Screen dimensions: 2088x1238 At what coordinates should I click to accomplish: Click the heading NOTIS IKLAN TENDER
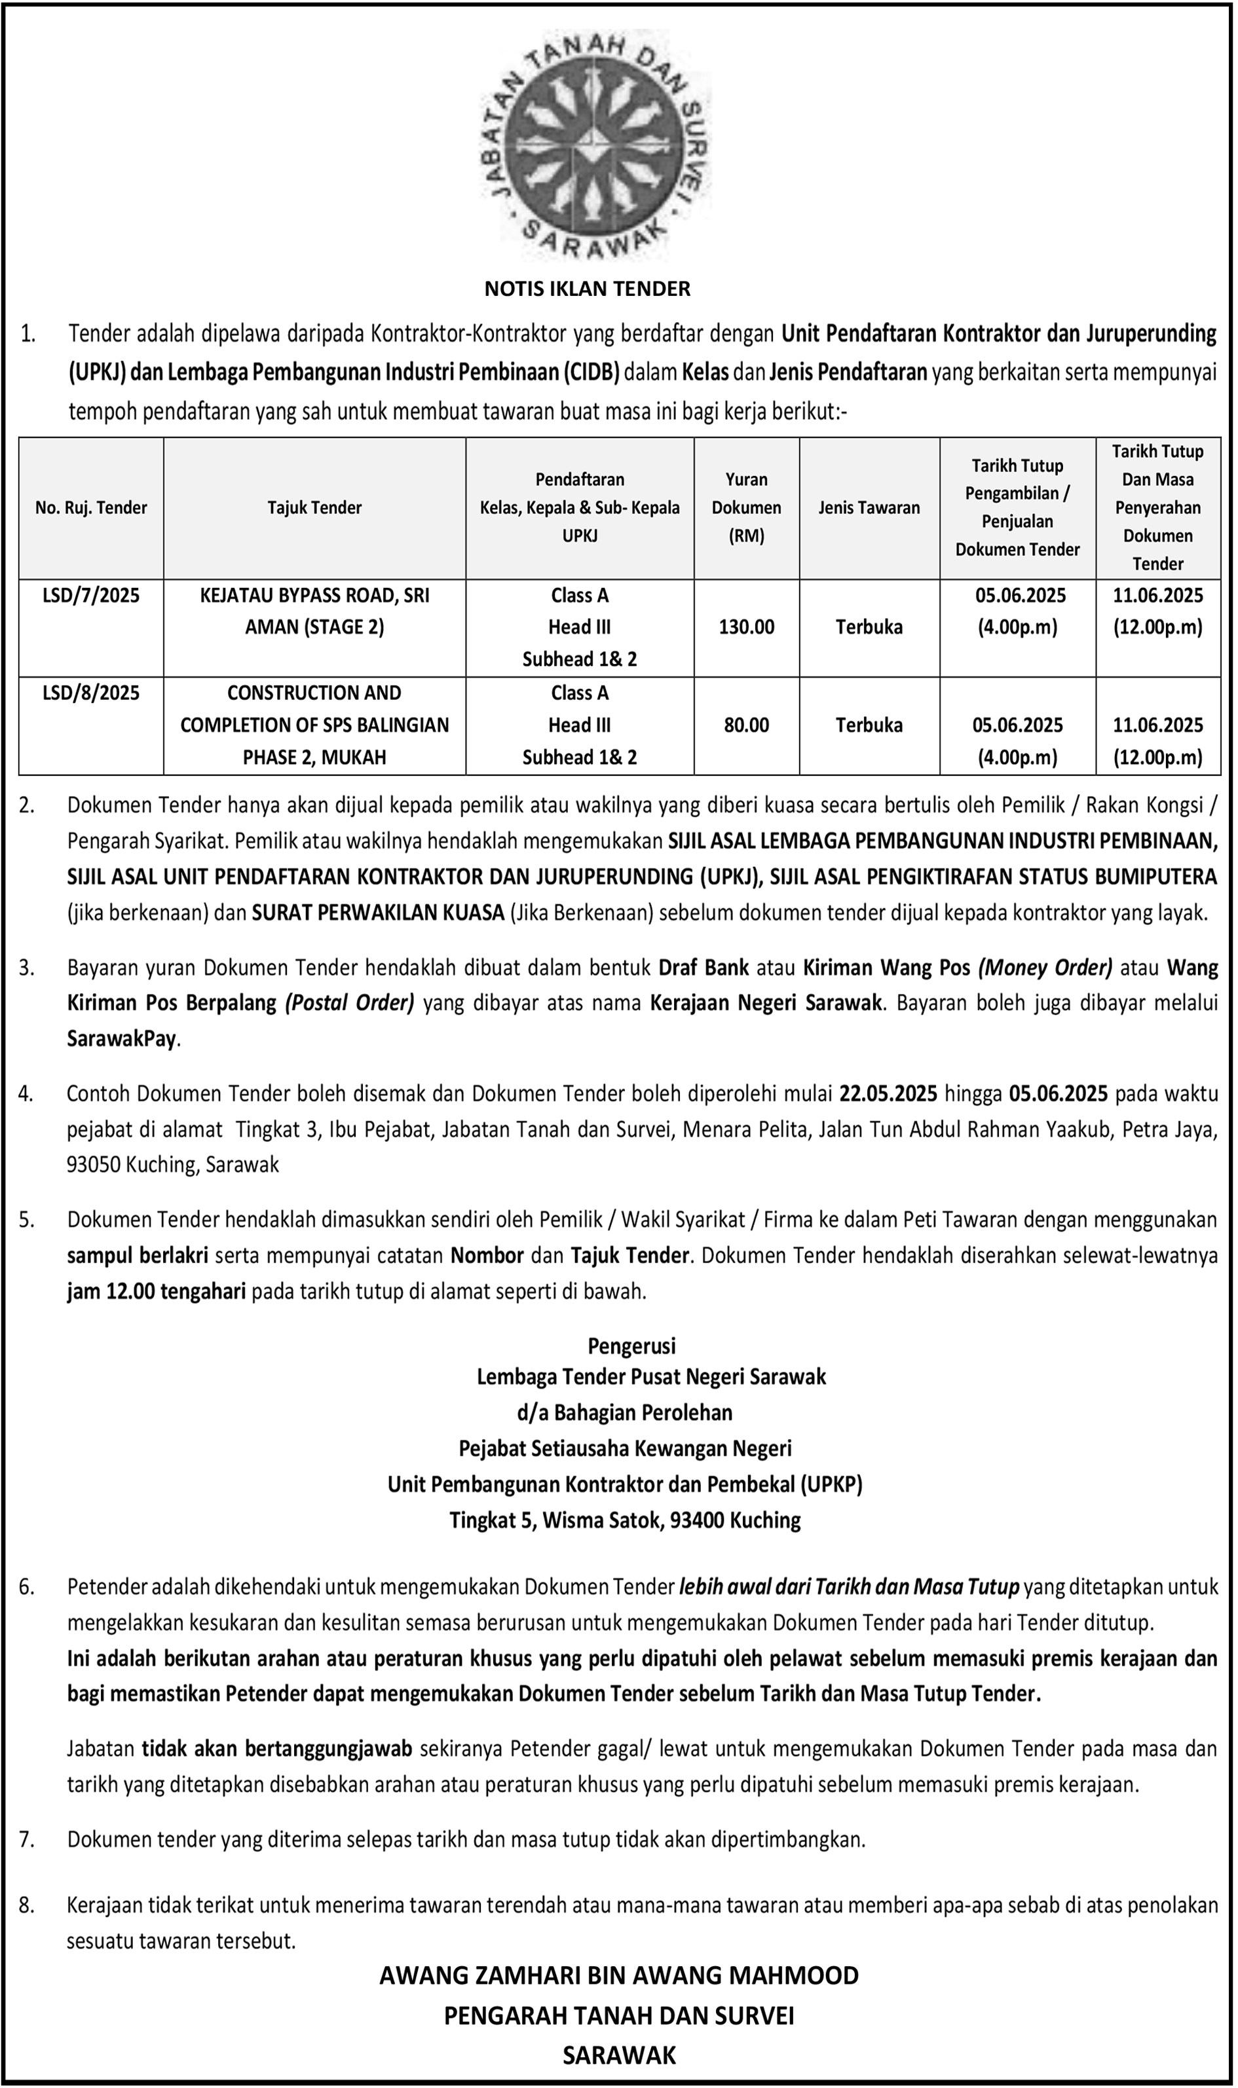tap(588, 289)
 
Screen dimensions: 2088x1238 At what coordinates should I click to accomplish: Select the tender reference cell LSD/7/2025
tap(91, 595)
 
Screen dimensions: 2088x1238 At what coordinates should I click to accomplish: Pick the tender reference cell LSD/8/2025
tap(91, 693)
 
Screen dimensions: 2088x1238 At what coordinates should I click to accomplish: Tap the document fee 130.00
tap(746, 627)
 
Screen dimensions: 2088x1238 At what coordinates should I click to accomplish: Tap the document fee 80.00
tap(746, 725)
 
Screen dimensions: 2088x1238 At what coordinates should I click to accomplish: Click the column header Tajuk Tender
tap(314, 507)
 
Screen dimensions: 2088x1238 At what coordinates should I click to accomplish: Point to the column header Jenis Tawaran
tap(869, 507)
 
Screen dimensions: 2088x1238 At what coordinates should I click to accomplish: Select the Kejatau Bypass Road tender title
tap(314, 612)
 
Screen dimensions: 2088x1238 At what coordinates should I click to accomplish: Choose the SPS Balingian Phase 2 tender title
tap(314, 725)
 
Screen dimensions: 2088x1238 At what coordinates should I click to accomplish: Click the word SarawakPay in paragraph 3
tap(122, 1039)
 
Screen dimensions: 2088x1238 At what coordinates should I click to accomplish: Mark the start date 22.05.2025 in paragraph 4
tap(888, 1093)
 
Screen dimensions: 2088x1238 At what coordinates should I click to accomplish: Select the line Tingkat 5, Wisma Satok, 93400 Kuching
tap(625, 1520)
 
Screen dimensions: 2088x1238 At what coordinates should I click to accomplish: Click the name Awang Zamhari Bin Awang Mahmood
tap(619, 1975)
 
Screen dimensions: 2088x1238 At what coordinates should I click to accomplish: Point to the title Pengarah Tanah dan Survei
tap(619, 2015)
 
